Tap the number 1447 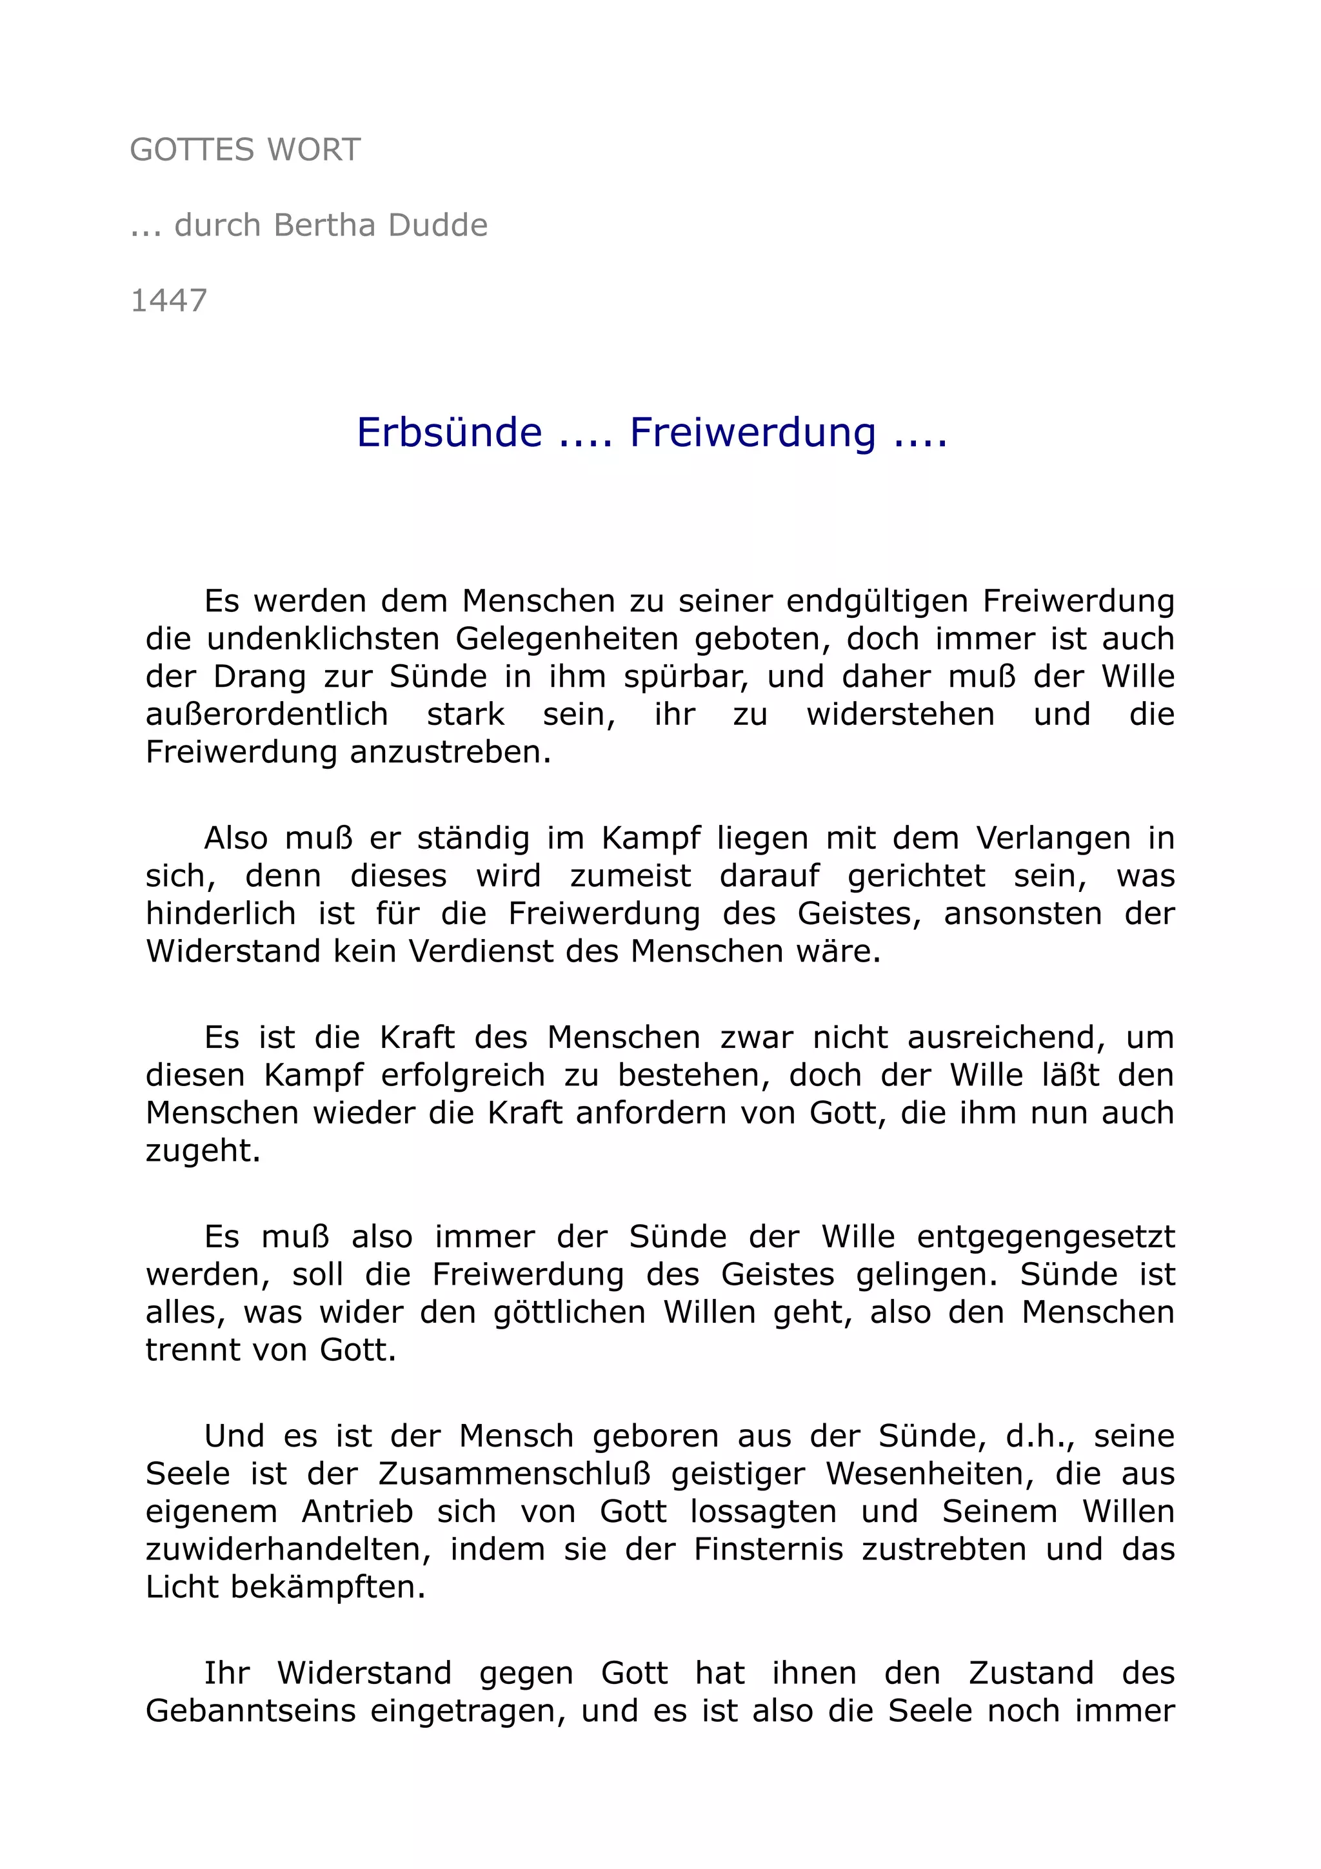click(169, 301)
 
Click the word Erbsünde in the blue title click(450, 432)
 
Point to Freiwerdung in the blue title click(753, 432)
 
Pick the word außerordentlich click(267, 715)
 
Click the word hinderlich click(221, 914)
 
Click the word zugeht click(203, 1151)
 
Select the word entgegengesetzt click(1046, 1238)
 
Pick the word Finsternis click(768, 1549)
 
